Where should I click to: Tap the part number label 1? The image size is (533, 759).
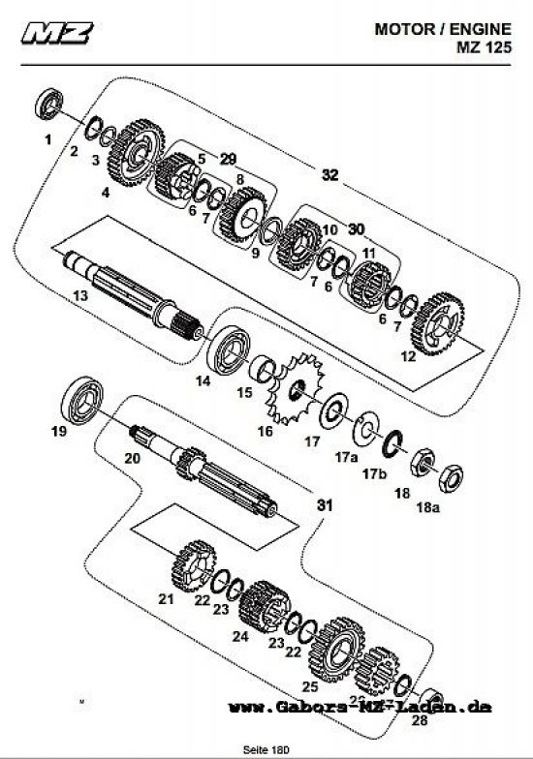(x=46, y=140)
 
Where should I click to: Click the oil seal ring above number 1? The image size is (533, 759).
(x=51, y=103)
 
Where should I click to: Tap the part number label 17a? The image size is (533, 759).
(x=346, y=455)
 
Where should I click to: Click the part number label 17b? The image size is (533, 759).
(x=374, y=474)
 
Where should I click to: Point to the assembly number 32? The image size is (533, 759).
(x=330, y=174)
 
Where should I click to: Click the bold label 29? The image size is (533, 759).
(x=228, y=158)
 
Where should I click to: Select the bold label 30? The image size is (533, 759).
(x=356, y=228)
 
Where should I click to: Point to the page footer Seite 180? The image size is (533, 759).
(x=267, y=747)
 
